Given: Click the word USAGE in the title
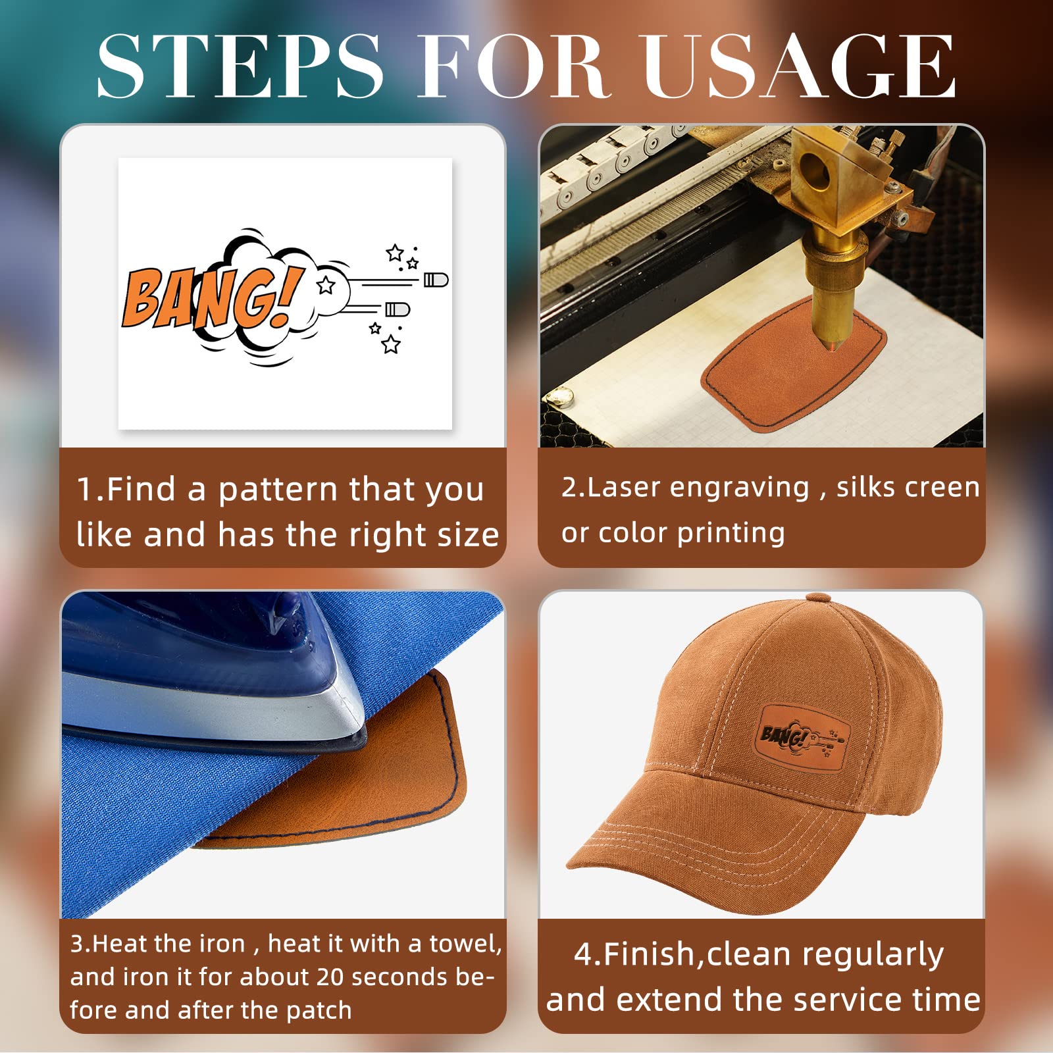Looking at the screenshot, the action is (799, 65).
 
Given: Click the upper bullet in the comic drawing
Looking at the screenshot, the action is (436, 280).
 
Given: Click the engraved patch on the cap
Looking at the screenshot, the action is (803, 735).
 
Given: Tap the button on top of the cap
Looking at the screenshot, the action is (818, 598).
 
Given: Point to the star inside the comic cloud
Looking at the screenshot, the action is (326, 286).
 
